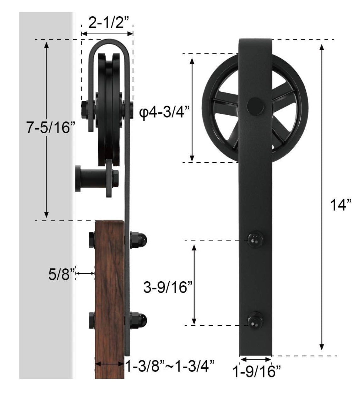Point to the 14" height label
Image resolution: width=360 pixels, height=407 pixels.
341,205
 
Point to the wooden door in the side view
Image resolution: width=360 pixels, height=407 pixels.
110,299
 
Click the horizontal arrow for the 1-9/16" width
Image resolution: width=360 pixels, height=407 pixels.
255,359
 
